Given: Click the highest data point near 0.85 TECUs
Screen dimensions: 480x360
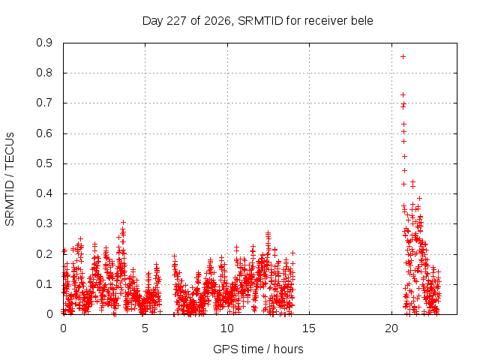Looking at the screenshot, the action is (403, 57).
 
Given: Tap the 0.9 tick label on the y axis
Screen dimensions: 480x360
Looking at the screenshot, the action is (44, 43).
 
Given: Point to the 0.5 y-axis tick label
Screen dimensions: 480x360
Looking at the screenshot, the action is (44, 163).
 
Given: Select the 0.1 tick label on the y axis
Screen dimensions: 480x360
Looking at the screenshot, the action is (44, 284).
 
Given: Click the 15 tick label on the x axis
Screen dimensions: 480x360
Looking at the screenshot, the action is (309, 328).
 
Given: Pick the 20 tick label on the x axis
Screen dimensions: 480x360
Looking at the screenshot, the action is (391, 328).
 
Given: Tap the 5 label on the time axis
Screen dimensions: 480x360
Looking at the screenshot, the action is (145, 328).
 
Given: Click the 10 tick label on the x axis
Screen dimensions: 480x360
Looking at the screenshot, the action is (226, 328).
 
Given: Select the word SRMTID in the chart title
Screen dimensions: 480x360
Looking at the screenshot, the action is (260, 21).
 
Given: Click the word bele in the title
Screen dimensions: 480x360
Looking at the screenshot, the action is (361, 21).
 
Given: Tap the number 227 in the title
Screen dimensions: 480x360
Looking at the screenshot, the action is (176, 21).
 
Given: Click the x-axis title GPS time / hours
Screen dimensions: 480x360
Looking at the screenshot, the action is (258, 349).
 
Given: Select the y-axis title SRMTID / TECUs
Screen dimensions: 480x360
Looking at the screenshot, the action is (10, 179).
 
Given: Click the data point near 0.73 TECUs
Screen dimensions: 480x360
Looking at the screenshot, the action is (403, 95).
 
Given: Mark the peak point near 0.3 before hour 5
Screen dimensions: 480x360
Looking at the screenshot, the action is (123, 222).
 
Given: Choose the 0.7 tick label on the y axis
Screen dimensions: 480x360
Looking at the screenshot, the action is (44, 103).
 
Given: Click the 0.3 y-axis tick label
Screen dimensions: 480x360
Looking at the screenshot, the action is (44, 223).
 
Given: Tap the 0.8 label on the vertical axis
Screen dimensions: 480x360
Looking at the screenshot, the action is (44, 73).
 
